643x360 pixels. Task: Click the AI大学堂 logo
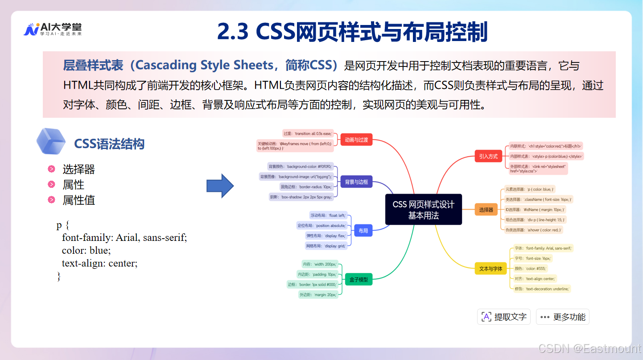click(x=52, y=29)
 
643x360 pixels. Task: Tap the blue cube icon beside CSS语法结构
click(x=51, y=141)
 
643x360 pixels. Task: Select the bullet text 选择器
click(x=79, y=170)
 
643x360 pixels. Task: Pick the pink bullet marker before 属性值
click(x=52, y=200)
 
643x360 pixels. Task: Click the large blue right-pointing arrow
click(x=220, y=186)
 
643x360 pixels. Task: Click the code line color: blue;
click(x=86, y=250)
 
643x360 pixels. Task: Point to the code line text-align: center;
click(x=100, y=263)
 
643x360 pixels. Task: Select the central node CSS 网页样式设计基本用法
click(x=423, y=210)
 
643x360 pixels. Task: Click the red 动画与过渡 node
click(x=356, y=140)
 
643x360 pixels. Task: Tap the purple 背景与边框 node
click(x=356, y=182)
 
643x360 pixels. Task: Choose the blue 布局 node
click(x=363, y=231)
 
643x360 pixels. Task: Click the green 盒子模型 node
click(x=359, y=280)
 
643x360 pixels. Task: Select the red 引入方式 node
click(x=488, y=157)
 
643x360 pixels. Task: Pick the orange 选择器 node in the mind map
click(x=486, y=210)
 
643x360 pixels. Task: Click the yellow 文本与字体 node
click(x=490, y=269)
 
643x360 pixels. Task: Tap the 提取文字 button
click(x=504, y=317)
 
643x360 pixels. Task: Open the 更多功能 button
click(x=563, y=317)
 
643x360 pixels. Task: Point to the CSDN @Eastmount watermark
click(x=589, y=348)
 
